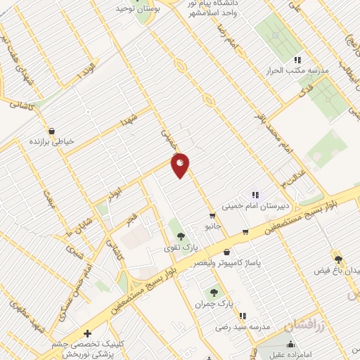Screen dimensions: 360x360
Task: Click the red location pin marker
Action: pyautogui.click(x=181, y=165)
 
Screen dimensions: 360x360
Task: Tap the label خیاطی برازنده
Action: pyautogui.click(x=51, y=141)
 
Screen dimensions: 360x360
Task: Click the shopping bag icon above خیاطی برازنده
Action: pyautogui.click(x=52, y=130)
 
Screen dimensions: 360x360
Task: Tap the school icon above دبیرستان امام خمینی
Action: pyautogui.click(x=255, y=195)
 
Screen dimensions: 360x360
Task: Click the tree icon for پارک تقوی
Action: pyautogui.click(x=181, y=236)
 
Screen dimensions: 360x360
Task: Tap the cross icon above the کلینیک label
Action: pyautogui.click(x=87, y=333)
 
